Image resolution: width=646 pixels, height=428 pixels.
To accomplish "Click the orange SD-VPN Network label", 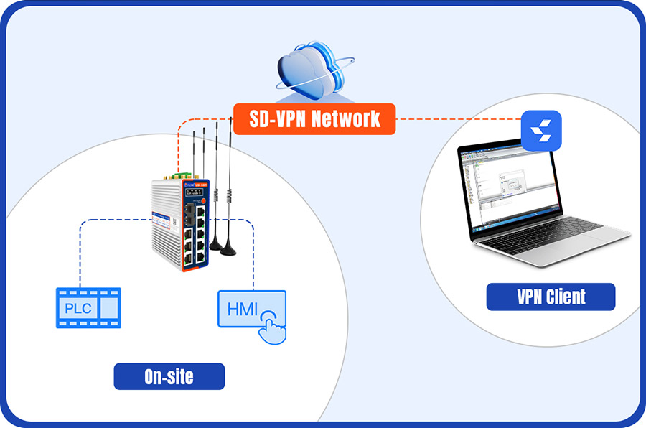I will [x=315, y=118].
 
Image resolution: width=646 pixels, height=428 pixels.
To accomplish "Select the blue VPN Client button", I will [x=551, y=297].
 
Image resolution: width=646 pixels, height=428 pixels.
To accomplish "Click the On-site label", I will [x=169, y=376].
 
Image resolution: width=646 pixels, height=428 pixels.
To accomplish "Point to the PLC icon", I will [x=88, y=308].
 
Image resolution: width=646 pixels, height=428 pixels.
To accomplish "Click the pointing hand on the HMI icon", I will [x=271, y=327].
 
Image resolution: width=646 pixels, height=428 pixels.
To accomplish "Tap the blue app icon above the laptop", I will [x=540, y=130].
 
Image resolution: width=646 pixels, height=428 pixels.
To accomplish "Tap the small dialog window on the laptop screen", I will [x=510, y=182].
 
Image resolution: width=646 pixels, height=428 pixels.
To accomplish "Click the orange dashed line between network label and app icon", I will [x=459, y=118].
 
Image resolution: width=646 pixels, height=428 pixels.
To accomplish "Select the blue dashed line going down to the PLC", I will [x=81, y=251].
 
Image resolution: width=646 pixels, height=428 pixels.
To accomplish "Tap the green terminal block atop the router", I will [x=184, y=175].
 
